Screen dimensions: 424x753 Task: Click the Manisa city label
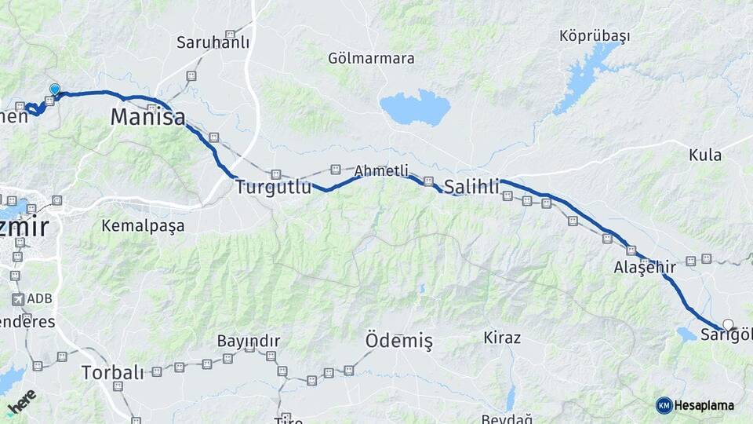coord(147,118)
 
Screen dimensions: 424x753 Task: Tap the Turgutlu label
coord(269,187)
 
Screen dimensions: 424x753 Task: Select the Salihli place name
coord(471,187)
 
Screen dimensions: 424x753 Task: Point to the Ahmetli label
coord(381,170)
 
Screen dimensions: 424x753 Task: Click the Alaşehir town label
coord(645,267)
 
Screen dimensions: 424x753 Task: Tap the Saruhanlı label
coord(213,42)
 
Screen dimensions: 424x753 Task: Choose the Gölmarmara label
coord(371,58)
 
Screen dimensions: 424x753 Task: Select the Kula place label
coord(704,155)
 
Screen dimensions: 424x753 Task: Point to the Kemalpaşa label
coord(143,226)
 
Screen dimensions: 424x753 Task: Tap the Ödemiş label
coord(398,341)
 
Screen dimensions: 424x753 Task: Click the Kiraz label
coord(502,338)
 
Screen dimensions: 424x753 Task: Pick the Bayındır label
coord(248,342)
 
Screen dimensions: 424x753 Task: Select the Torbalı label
coord(112,372)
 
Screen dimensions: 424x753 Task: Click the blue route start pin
coord(54,90)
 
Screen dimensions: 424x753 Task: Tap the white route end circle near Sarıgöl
coord(728,324)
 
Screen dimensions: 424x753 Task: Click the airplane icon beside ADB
coord(17,299)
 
